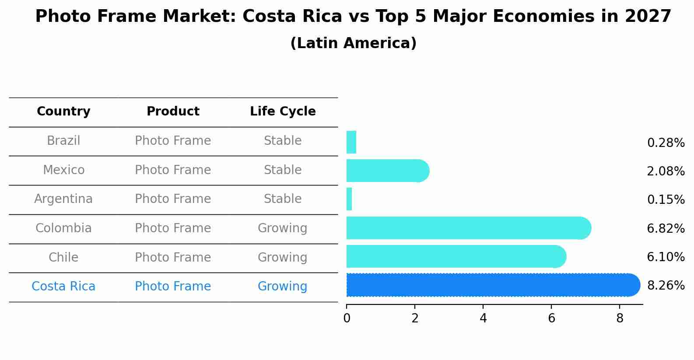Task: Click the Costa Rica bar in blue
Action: coord(492,285)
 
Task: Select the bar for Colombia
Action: coord(468,228)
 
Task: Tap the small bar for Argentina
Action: coord(349,199)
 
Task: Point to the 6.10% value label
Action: coord(666,257)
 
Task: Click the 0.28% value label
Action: coord(666,143)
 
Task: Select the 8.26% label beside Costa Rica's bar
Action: coord(666,286)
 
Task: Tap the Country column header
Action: coord(63,112)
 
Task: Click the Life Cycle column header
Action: coord(283,112)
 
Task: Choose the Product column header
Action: coord(173,112)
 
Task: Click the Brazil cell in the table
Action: coord(63,141)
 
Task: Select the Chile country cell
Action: coord(63,257)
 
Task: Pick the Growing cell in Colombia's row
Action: coord(282,228)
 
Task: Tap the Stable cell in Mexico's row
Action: coord(283,170)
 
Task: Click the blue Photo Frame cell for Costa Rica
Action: coord(173,287)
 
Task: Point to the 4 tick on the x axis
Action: coord(483,318)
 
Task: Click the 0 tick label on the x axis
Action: coord(347,318)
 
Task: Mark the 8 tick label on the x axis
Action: coord(620,318)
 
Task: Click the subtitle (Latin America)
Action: coord(353,43)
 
